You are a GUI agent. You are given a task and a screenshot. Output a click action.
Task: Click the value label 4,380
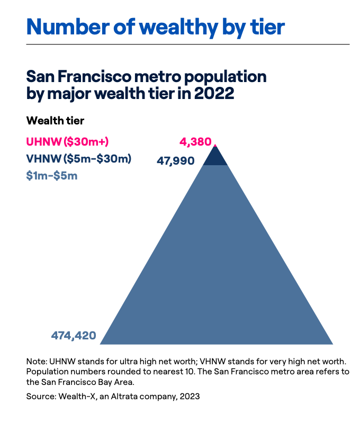click(x=195, y=142)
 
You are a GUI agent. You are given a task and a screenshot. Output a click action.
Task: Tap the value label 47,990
click(x=176, y=160)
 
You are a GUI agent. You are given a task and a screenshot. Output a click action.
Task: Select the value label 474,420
click(x=74, y=335)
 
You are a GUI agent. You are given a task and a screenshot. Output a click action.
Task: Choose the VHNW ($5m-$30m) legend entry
click(x=79, y=158)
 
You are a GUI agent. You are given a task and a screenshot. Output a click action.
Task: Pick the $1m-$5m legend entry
click(x=52, y=175)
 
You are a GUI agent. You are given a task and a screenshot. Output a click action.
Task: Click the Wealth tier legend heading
click(x=55, y=121)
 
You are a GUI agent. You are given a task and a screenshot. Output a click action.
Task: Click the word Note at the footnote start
click(x=36, y=361)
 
